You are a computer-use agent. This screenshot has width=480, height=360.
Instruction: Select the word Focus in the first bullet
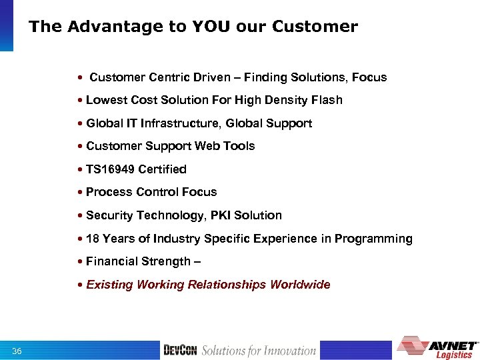click(370, 77)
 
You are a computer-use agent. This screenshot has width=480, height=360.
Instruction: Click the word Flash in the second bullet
click(327, 100)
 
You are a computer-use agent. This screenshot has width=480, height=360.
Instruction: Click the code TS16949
click(111, 169)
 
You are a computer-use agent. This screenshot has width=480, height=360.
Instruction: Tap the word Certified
click(163, 169)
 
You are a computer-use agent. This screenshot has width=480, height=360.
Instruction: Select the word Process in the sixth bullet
click(109, 192)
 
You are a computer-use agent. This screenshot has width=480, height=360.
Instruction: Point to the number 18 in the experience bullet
click(93, 239)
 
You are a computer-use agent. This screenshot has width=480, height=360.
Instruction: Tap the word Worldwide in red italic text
click(300, 285)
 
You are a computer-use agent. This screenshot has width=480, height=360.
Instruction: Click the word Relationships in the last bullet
click(227, 285)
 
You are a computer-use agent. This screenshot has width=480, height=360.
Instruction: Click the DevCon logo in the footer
click(179, 351)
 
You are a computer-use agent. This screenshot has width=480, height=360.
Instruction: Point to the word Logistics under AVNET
click(454, 355)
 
